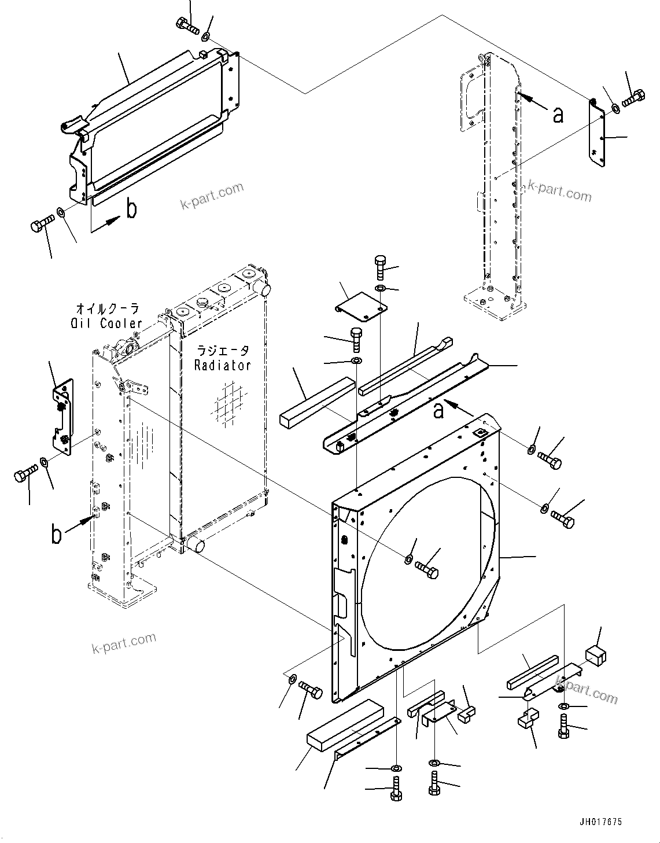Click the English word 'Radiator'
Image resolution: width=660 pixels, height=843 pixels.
point(222,365)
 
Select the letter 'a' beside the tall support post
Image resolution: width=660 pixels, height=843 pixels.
point(558,115)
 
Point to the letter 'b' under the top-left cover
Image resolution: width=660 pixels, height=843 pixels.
point(132,209)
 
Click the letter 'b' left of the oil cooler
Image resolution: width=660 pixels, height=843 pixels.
point(56,535)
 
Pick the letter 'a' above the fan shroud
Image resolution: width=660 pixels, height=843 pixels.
point(439,410)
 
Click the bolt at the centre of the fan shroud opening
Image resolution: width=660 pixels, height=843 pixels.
point(428,570)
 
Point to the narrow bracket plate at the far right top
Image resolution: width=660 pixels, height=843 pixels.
point(597,134)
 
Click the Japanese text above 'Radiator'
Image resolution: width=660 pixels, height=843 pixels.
point(223,351)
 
